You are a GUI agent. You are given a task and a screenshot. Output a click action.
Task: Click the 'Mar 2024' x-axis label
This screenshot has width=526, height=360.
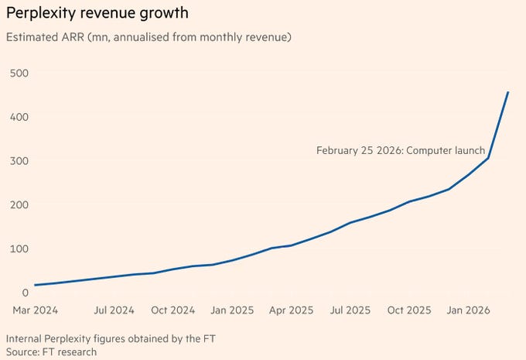[x=36, y=310]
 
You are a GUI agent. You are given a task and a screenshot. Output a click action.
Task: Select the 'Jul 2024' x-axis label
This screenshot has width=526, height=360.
[x=114, y=310]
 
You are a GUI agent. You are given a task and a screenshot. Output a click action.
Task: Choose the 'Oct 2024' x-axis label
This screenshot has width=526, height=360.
[x=172, y=310]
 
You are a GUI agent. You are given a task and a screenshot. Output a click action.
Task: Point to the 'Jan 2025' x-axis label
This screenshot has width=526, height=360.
[x=232, y=310]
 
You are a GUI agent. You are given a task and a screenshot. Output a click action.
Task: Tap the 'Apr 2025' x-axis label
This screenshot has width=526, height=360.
[x=291, y=310]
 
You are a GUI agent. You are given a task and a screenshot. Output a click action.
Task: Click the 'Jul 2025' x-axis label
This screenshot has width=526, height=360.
[x=350, y=310]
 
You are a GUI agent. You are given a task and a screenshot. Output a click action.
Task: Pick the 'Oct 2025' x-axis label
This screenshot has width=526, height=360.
[x=409, y=310]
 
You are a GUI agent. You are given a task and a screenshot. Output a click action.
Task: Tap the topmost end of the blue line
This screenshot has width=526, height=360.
[x=507, y=92]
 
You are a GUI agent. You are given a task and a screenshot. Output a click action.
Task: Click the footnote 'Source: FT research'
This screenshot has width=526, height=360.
[x=51, y=351]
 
